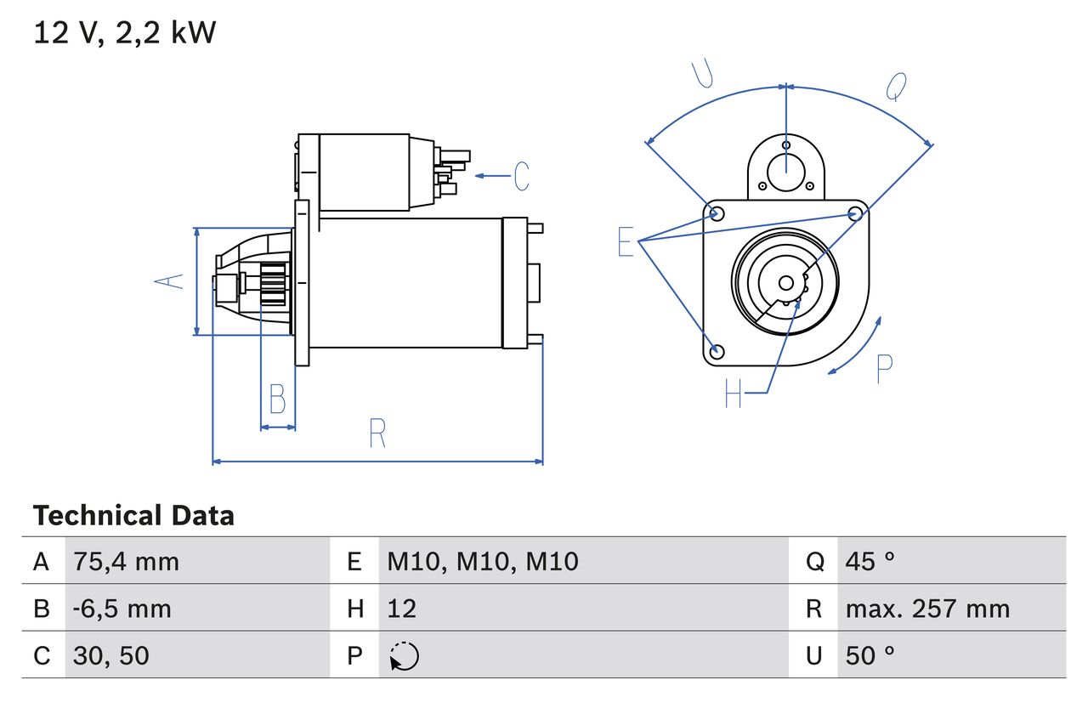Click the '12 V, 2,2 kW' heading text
(x=125, y=33)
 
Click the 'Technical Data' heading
(x=133, y=516)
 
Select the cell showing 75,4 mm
(x=126, y=561)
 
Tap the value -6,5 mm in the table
(x=122, y=609)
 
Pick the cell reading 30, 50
(x=111, y=655)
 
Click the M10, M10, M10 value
(x=482, y=561)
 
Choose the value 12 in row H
(x=402, y=609)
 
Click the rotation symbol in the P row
(x=404, y=656)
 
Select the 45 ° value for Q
(x=870, y=561)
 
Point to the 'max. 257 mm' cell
(x=927, y=609)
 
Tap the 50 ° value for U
(x=870, y=655)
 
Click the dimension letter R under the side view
(x=377, y=433)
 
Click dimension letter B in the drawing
(x=277, y=399)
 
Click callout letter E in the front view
(x=626, y=242)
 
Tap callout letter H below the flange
(x=733, y=393)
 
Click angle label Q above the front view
(x=896, y=86)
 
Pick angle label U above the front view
(x=702, y=75)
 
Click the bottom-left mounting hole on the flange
(x=717, y=351)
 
